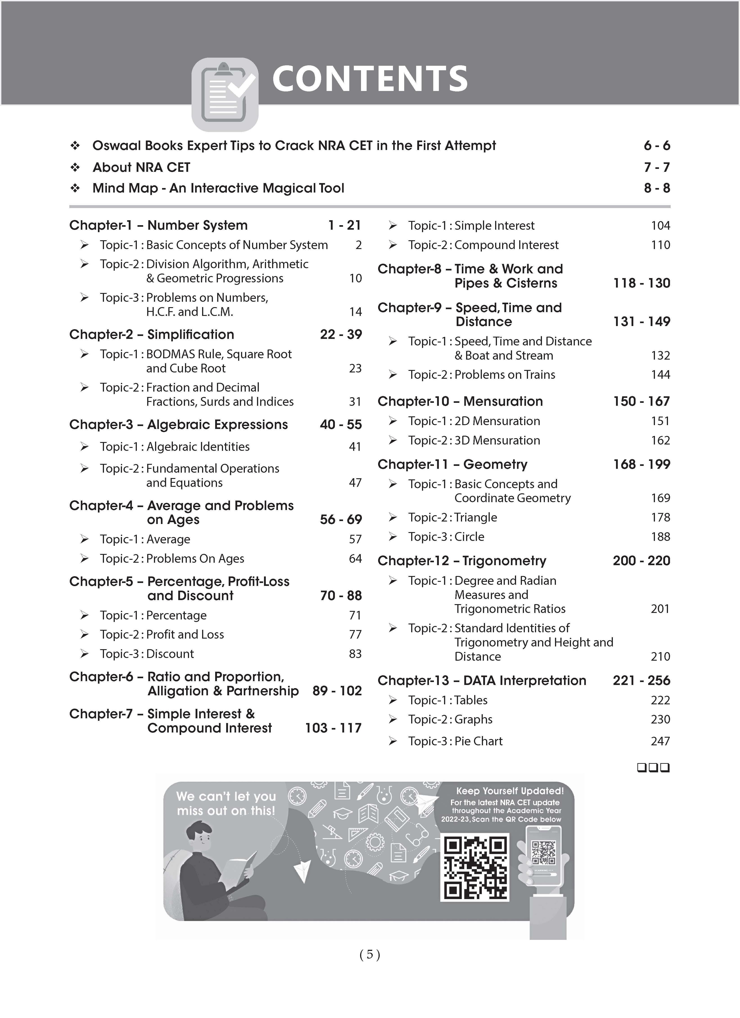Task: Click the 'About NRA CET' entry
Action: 141,168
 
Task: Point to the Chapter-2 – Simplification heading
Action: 152,334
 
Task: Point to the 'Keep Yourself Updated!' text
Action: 510,791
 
